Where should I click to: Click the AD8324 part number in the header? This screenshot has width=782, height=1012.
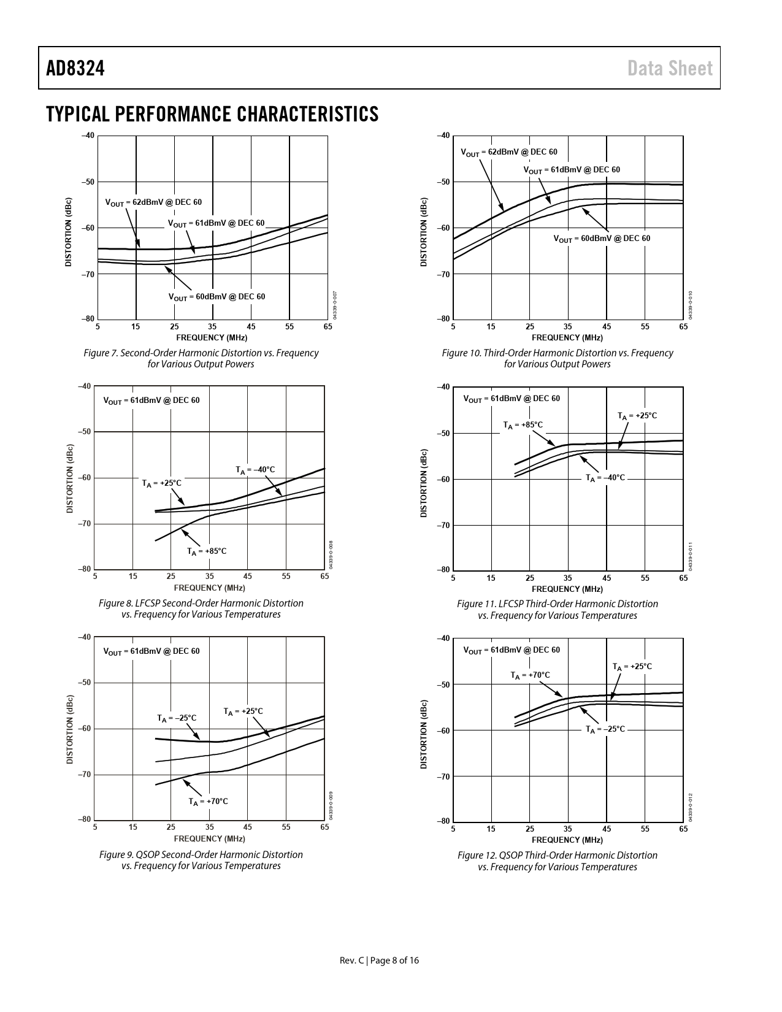(x=75, y=68)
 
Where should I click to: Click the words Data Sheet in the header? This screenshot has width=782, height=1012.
(x=670, y=68)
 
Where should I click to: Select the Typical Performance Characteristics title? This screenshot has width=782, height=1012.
(x=212, y=114)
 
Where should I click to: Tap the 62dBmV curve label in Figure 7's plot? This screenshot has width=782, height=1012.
(x=153, y=202)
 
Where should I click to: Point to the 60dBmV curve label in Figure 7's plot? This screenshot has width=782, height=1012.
(x=217, y=297)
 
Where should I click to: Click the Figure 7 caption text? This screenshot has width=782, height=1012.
(x=201, y=359)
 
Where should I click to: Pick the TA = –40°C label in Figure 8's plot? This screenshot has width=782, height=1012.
(x=255, y=470)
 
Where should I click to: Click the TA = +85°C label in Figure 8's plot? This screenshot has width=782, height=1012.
(x=207, y=551)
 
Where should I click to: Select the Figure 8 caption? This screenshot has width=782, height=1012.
(x=201, y=609)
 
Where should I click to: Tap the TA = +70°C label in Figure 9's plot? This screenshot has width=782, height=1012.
(x=208, y=802)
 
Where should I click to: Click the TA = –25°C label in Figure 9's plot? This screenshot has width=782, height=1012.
(x=177, y=718)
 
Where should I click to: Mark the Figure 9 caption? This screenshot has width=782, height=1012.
(x=201, y=860)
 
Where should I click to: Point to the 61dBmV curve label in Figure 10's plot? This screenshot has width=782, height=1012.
(x=572, y=170)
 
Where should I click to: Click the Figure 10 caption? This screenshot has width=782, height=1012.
(x=557, y=359)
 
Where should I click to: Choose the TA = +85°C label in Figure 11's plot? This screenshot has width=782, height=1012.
(x=523, y=425)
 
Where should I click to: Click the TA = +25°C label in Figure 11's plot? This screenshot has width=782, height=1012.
(x=637, y=416)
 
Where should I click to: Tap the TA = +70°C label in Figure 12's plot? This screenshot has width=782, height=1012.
(x=531, y=675)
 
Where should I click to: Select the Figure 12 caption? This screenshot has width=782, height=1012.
(x=557, y=861)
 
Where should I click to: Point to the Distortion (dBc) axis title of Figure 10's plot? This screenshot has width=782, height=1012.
(x=423, y=232)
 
